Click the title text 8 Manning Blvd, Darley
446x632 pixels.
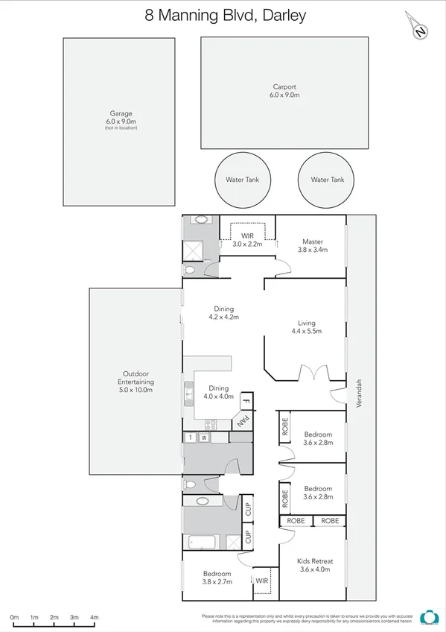(x=223, y=14)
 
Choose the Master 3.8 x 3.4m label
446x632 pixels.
(x=312, y=246)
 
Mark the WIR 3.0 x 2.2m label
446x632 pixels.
(x=248, y=239)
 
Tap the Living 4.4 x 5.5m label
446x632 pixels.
(x=305, y=326)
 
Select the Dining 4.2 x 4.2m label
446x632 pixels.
(x=222, y=313)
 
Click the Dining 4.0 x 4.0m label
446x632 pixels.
(x=218, y=393)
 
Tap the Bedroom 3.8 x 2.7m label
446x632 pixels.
(x=217, y=578)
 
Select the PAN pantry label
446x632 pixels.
(x=243, y=421)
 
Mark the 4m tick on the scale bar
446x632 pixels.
(x=94, y=618)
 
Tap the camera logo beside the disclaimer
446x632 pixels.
(x=428, y=617)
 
